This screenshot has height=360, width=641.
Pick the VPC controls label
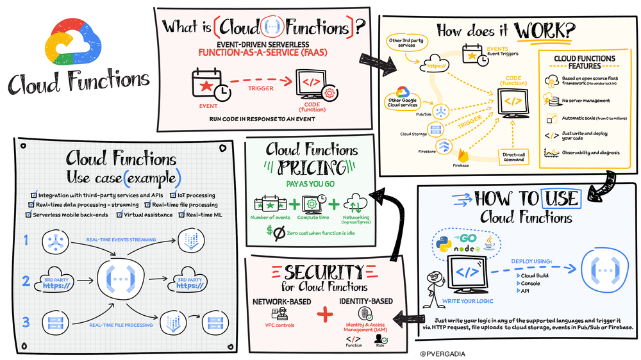[279, 325]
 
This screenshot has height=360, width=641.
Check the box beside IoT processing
[172, 195]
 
